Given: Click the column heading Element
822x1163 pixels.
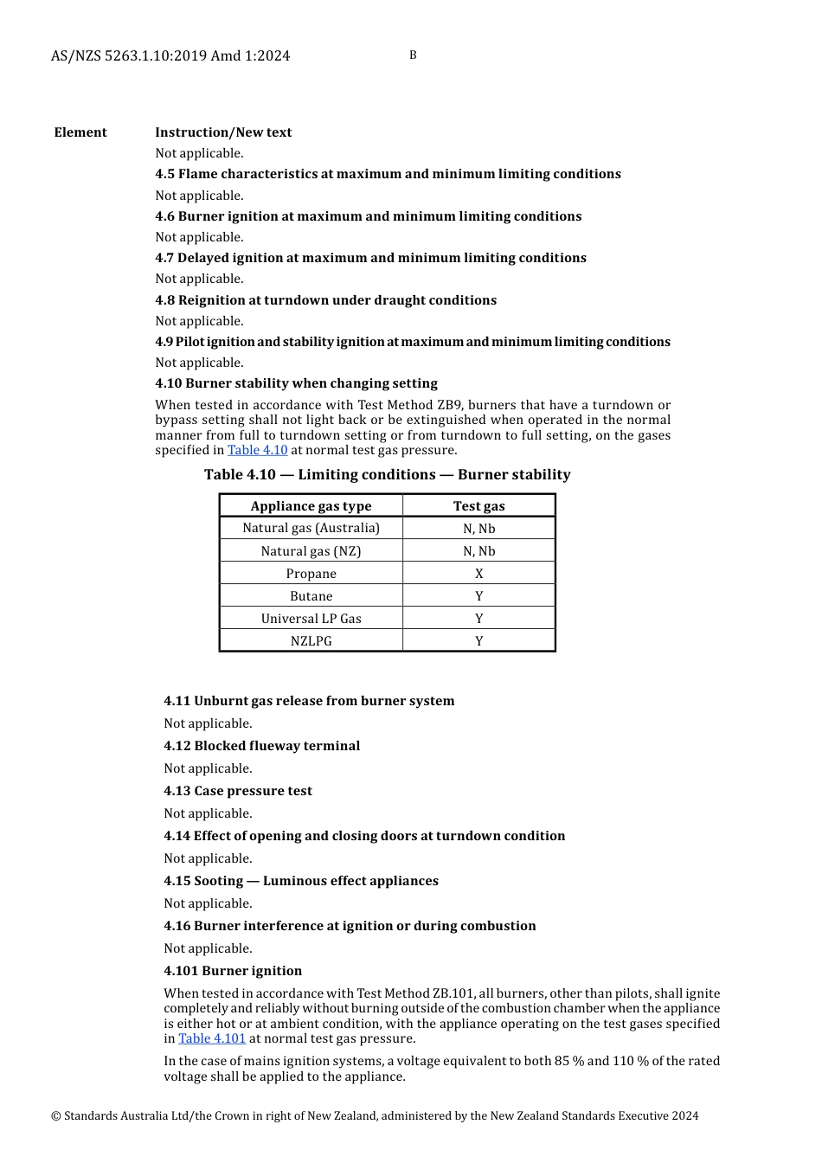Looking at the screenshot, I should [x=80, y=132].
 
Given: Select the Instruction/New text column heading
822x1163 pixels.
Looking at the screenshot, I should [x=223, y=132].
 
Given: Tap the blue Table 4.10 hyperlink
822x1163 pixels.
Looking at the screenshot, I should [x=257, y=450].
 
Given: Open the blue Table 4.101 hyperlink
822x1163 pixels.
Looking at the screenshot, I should [x=212, y=1038].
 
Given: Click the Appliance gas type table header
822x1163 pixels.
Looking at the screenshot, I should [x=311, y=506].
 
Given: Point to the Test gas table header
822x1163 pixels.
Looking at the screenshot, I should [x=478, y=506].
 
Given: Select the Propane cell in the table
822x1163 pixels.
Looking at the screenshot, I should [x=311, y=574].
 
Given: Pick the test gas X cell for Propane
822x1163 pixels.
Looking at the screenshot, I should [x=478, y=574].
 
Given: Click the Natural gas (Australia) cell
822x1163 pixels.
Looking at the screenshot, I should [x=311, y=528].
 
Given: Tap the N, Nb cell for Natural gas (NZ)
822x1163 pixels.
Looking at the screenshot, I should [x=478, y=551].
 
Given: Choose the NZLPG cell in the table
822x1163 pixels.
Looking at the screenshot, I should [x=311, y=641].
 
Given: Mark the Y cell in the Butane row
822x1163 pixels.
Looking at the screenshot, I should [x=478, y=596].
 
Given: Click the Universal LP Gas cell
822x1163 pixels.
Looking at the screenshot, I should [x=311, y=619].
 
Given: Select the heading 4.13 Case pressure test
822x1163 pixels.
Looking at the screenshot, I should [x=238, y=791].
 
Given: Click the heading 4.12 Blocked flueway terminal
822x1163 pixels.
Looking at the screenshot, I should [x=261, y=746].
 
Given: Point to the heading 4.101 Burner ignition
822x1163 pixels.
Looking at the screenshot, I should [x=233, y=971].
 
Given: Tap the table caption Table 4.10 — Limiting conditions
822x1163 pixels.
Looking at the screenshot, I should [x=387, y=474].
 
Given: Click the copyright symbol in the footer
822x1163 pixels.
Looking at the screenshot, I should [x=55, y=1116].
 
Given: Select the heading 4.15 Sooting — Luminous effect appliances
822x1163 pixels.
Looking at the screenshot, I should [x=301, y=881].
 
